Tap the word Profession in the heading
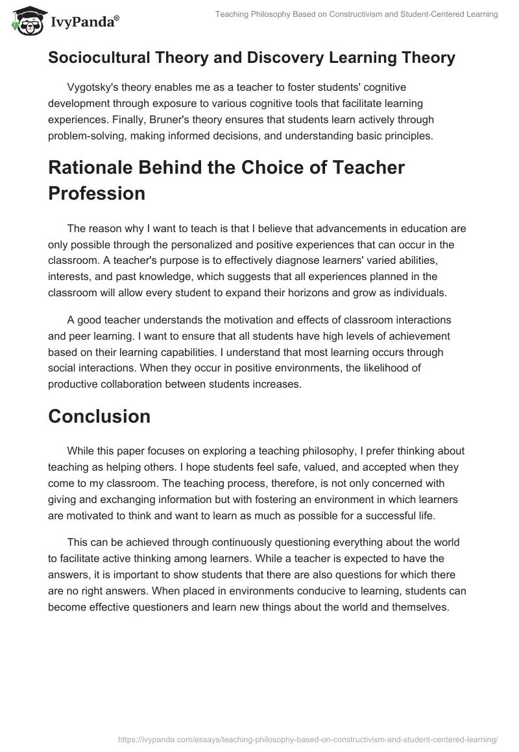[x=97, y=194]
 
